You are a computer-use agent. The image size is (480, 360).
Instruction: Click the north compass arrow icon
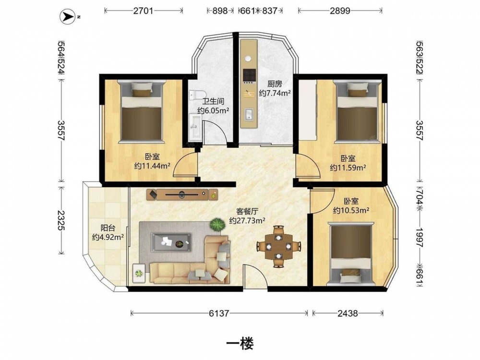click(68, 16)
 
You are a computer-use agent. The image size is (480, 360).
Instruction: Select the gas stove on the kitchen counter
click(249, 76)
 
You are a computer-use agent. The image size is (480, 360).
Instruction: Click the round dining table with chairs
click(278, 246)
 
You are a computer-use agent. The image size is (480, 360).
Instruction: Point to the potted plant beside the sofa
click(217, 225)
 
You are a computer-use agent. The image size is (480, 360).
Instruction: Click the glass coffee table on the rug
click(171, 242)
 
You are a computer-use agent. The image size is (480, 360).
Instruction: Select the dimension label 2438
click(348, 313)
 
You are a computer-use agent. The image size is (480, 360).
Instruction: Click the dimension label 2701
click(143, 11)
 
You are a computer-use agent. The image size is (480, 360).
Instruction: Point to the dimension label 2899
click(340, 11)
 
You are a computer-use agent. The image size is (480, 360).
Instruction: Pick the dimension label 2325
click(61, 220)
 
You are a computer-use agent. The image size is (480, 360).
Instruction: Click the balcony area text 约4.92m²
click(108, 237)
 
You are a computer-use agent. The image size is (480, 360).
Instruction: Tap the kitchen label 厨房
click(275, 84)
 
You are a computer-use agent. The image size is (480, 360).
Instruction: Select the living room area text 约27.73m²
click(247, 220)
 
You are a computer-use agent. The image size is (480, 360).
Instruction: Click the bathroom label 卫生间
click(214, 101)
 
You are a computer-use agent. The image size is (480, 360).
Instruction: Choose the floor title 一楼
click(240, 344)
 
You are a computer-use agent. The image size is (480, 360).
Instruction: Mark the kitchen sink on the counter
click(249, 114)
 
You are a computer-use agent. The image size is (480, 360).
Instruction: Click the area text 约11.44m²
click(153, 166)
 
